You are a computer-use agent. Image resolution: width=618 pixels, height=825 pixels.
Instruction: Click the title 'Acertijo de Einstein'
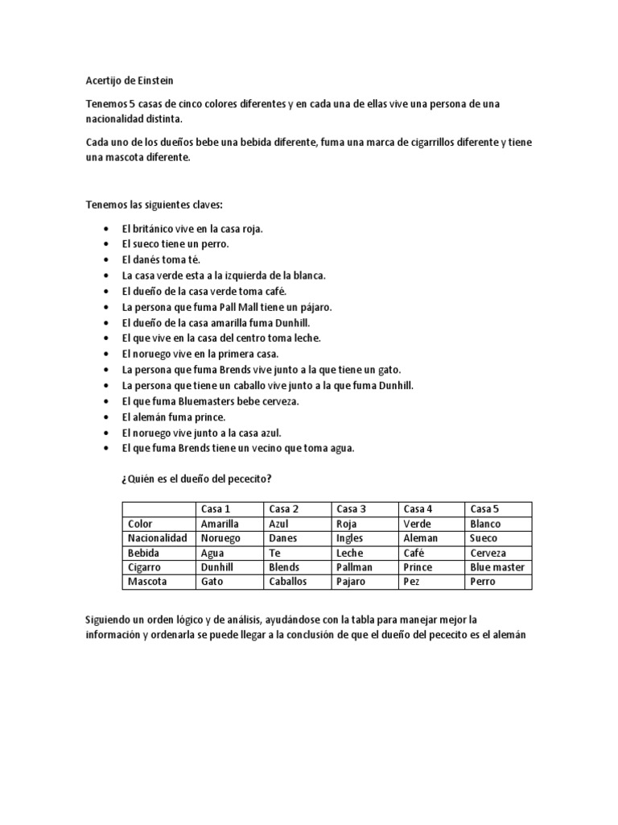coord(129,81)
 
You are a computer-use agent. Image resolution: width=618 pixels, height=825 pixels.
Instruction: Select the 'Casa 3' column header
coord(351,508)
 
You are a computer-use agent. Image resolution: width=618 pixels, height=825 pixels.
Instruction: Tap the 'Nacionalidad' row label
coord(157,538)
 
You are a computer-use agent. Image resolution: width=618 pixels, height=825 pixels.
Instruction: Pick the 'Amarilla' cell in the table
coord(220,524)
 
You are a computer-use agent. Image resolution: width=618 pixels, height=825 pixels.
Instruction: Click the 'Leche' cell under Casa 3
coord(350,553)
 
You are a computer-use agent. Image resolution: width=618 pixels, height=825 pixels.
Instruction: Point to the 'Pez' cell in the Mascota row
coord(411,582)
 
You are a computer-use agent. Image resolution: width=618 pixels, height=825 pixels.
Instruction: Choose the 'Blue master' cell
coord(497,567)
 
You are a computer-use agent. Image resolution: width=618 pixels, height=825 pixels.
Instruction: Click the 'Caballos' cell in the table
coord(288,582)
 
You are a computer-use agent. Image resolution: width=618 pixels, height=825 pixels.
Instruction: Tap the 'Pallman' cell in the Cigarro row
coord(354,567)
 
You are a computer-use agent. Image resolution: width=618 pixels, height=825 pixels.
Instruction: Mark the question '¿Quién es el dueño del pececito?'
coord(196,479)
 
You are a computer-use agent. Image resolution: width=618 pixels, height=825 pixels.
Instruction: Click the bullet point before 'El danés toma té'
coord(107,260)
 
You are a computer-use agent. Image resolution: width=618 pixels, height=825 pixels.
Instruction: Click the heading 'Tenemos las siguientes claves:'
coord(154,205)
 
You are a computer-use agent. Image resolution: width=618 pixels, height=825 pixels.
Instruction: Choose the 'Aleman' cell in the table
coord(420,538)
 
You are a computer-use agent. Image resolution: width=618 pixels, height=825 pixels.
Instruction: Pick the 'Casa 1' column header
coord(216,508)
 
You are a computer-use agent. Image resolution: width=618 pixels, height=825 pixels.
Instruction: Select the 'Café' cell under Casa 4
coord(415,553)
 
